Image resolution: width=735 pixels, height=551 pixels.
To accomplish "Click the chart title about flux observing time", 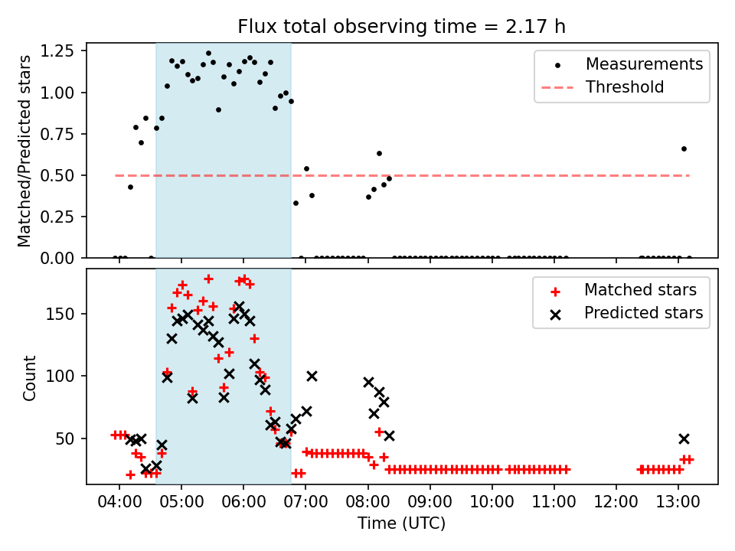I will tap(402, 27).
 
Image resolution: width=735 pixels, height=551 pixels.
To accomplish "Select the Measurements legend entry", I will tap(644, 64).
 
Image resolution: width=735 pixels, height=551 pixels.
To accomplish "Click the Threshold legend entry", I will tap(624, 87).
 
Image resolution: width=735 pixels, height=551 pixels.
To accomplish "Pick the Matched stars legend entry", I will tap(640, 290).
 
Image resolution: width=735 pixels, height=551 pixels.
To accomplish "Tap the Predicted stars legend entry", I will tap(643, 313).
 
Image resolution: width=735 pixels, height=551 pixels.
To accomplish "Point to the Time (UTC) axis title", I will tap(402, 524).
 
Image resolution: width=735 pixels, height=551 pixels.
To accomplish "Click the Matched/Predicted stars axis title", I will tap(24, 151).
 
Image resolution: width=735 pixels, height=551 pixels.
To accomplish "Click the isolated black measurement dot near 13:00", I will tap(684, 148).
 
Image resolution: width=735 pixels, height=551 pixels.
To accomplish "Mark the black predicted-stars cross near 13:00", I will tap(684, 439).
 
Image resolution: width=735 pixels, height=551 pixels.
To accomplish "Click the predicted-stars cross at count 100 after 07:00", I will tap(312, 376).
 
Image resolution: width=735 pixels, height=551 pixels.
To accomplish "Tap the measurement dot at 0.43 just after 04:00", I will tap(130, 187).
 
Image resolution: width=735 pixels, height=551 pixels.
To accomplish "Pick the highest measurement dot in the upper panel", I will tap(208, 54).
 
